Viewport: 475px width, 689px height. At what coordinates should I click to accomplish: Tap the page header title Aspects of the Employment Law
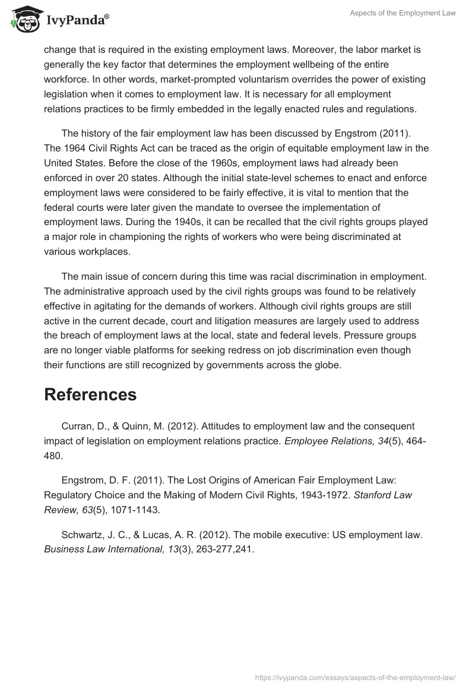click(402, 13)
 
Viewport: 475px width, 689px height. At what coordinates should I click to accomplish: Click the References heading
click(90, 394)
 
